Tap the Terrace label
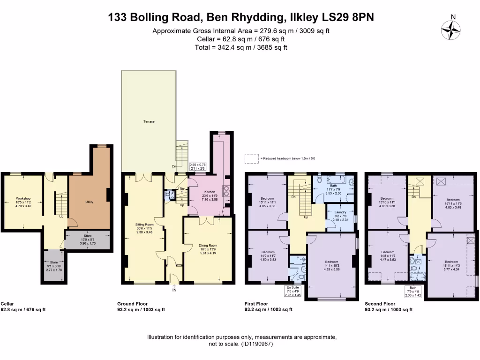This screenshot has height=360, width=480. coord(149,121)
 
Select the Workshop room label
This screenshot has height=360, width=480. coord(23,198)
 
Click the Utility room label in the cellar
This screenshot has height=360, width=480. coord(89,202)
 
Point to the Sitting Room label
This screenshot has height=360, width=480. coord(144,225)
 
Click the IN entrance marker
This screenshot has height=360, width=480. coord(174,290)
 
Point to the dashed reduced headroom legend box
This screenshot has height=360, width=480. coord(252,159)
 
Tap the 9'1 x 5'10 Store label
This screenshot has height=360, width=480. coord(54,263)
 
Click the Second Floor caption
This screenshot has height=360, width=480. coord(380,304)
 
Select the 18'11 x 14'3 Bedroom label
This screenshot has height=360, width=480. coord(451,262)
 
